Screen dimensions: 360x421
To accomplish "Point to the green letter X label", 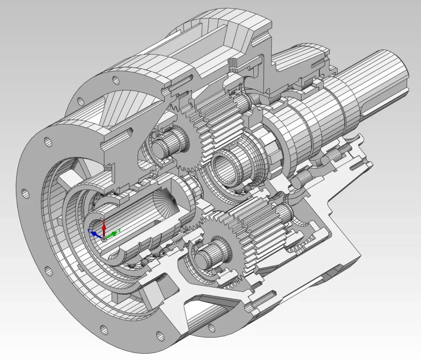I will click(x=119, y=230).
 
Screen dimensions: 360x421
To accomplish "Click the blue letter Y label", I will click(x=89, y=231).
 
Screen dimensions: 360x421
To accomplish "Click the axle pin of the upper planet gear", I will click(x=164, y=146).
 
